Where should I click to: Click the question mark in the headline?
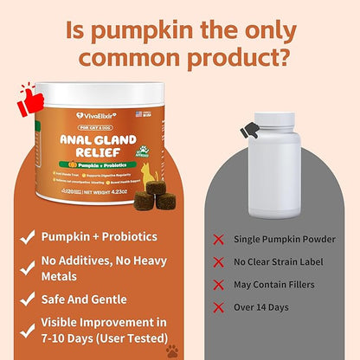click(x=291, y=56)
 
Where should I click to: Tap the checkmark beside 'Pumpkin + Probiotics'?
click(x=29, y=235)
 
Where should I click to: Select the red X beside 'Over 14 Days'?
click(x=216, y=305)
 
